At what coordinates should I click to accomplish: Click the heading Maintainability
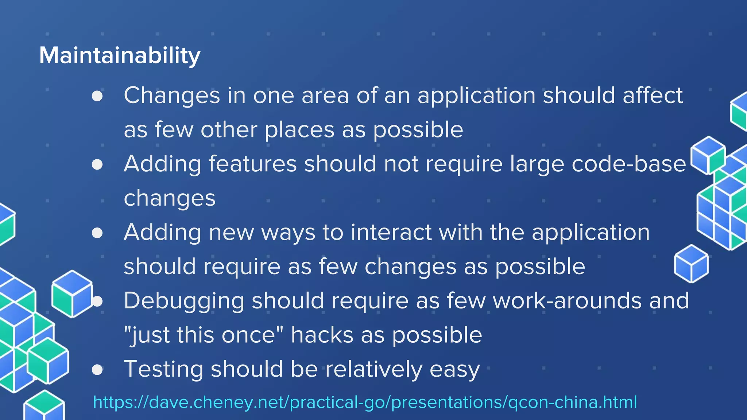pyautogui.click(x=120, y=56)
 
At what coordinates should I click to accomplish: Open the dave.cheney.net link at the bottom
pyautogui.click(x=365, y=402)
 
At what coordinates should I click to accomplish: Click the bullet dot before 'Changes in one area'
pyautogui.click(x=97, y=96)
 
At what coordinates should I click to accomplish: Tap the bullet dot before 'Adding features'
pyautogui.click(x=97, y=164)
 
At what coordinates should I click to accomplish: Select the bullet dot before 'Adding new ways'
pyautogui.click(x=97, y=233)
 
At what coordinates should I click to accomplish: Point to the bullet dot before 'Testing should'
pyautogui.click(x=97, y=370)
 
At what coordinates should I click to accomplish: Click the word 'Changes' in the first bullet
pyautogui.click(x=172, y=96)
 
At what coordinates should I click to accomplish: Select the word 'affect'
pyautogui.click(x=653, y=96)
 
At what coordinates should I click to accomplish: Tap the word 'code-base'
pyautogui.click(x=628, y=164)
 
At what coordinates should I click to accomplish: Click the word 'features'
pyautogui.click(x=252, y=164)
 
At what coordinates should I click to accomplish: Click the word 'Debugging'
pyautogui.click(x=184, y=301)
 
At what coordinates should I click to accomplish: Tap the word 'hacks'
pyautogui.click(x=322, y=335)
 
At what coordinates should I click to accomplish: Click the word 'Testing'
pyautogui.click(x=163, y=369)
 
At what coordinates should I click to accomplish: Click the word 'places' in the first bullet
pyautogui.click(x=299, y=130)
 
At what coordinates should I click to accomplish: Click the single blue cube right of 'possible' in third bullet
pyautogui.click(x=691, y=264)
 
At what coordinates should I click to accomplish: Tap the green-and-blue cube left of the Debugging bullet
pyautogui.click(x=72, y=293)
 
